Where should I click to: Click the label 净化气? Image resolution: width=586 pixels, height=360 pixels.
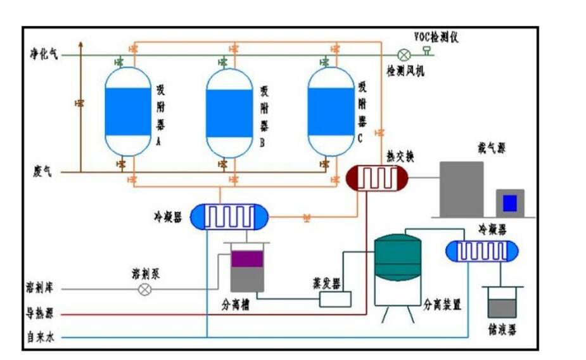42,55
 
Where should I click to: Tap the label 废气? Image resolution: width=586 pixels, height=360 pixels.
42,171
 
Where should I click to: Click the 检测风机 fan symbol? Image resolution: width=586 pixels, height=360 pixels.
403,55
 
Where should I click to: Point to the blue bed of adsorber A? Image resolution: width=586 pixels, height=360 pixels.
127,112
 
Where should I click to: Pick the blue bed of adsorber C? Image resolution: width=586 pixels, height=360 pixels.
330,112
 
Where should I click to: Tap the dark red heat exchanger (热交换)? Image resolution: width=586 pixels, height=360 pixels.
377,178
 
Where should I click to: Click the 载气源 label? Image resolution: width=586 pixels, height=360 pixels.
492,148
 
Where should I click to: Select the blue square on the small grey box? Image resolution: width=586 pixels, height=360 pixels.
510,203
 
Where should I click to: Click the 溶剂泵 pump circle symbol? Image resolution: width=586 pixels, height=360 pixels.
145,290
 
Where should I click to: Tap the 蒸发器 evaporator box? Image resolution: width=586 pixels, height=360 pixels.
335,299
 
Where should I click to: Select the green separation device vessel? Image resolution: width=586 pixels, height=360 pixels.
397,259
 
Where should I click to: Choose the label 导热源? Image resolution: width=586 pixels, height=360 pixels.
39,313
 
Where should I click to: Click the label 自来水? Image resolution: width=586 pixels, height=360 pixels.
40,337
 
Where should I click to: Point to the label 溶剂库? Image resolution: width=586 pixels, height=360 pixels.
39,289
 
